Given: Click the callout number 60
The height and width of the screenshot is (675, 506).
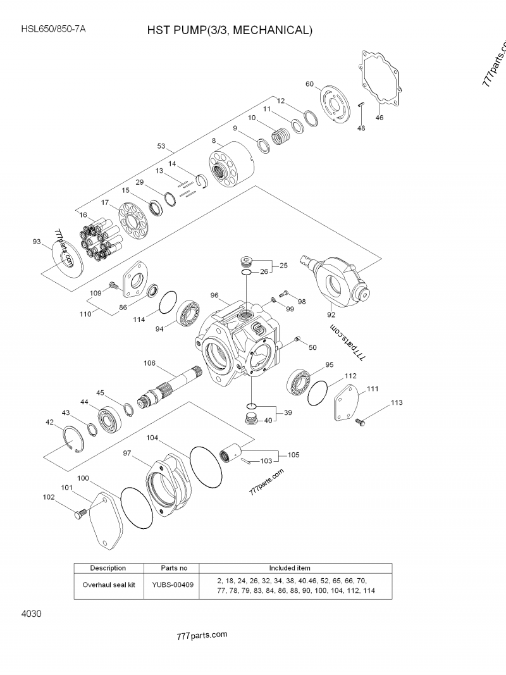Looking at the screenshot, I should pyautogui.click(x=309, y=84).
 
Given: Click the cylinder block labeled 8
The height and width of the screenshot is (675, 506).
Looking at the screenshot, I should pyautogui.click(x=231, y=166).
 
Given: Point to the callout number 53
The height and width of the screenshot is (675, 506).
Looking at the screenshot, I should pyautogui.click(x=161, y=146).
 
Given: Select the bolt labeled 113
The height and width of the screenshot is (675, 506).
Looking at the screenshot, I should pyautogui.click(x=361, y=421).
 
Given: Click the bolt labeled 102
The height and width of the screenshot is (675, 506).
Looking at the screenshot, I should pyautogui.click(x=79, y=514).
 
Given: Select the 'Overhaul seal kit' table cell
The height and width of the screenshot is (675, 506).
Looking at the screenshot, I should pyautogui.click(x=109, y=585).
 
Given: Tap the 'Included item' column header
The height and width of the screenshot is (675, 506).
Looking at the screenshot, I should pyautogui.click(x=290, y=567).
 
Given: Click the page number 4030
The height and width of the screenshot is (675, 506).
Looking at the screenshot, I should pyautogui.click(x=32, y=614).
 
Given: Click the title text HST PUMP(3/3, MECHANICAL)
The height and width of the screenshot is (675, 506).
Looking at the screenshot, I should pyautogui.click(x=230, y=30).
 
